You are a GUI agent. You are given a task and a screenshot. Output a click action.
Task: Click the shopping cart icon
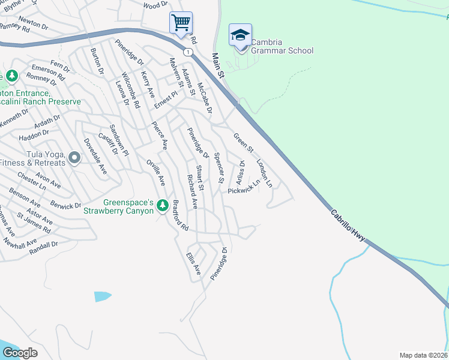point(181,23)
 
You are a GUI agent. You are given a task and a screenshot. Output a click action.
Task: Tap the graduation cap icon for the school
point(240,35)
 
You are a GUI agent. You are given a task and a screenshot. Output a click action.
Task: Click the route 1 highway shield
point(190,52)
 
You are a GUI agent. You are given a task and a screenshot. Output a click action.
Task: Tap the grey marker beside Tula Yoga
point(74,158)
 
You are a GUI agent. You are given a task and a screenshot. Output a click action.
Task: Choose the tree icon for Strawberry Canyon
point(162,206)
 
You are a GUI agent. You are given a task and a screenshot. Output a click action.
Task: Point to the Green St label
point(243,142)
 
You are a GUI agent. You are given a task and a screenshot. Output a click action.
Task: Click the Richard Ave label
point(192,191)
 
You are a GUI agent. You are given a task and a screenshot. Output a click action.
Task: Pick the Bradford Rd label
point(181,215)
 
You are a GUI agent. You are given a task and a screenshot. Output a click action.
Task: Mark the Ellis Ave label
point(194,264)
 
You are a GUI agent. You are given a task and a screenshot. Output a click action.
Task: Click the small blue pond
point(102,296)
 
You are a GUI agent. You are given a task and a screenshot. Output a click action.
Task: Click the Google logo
point(20,353)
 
